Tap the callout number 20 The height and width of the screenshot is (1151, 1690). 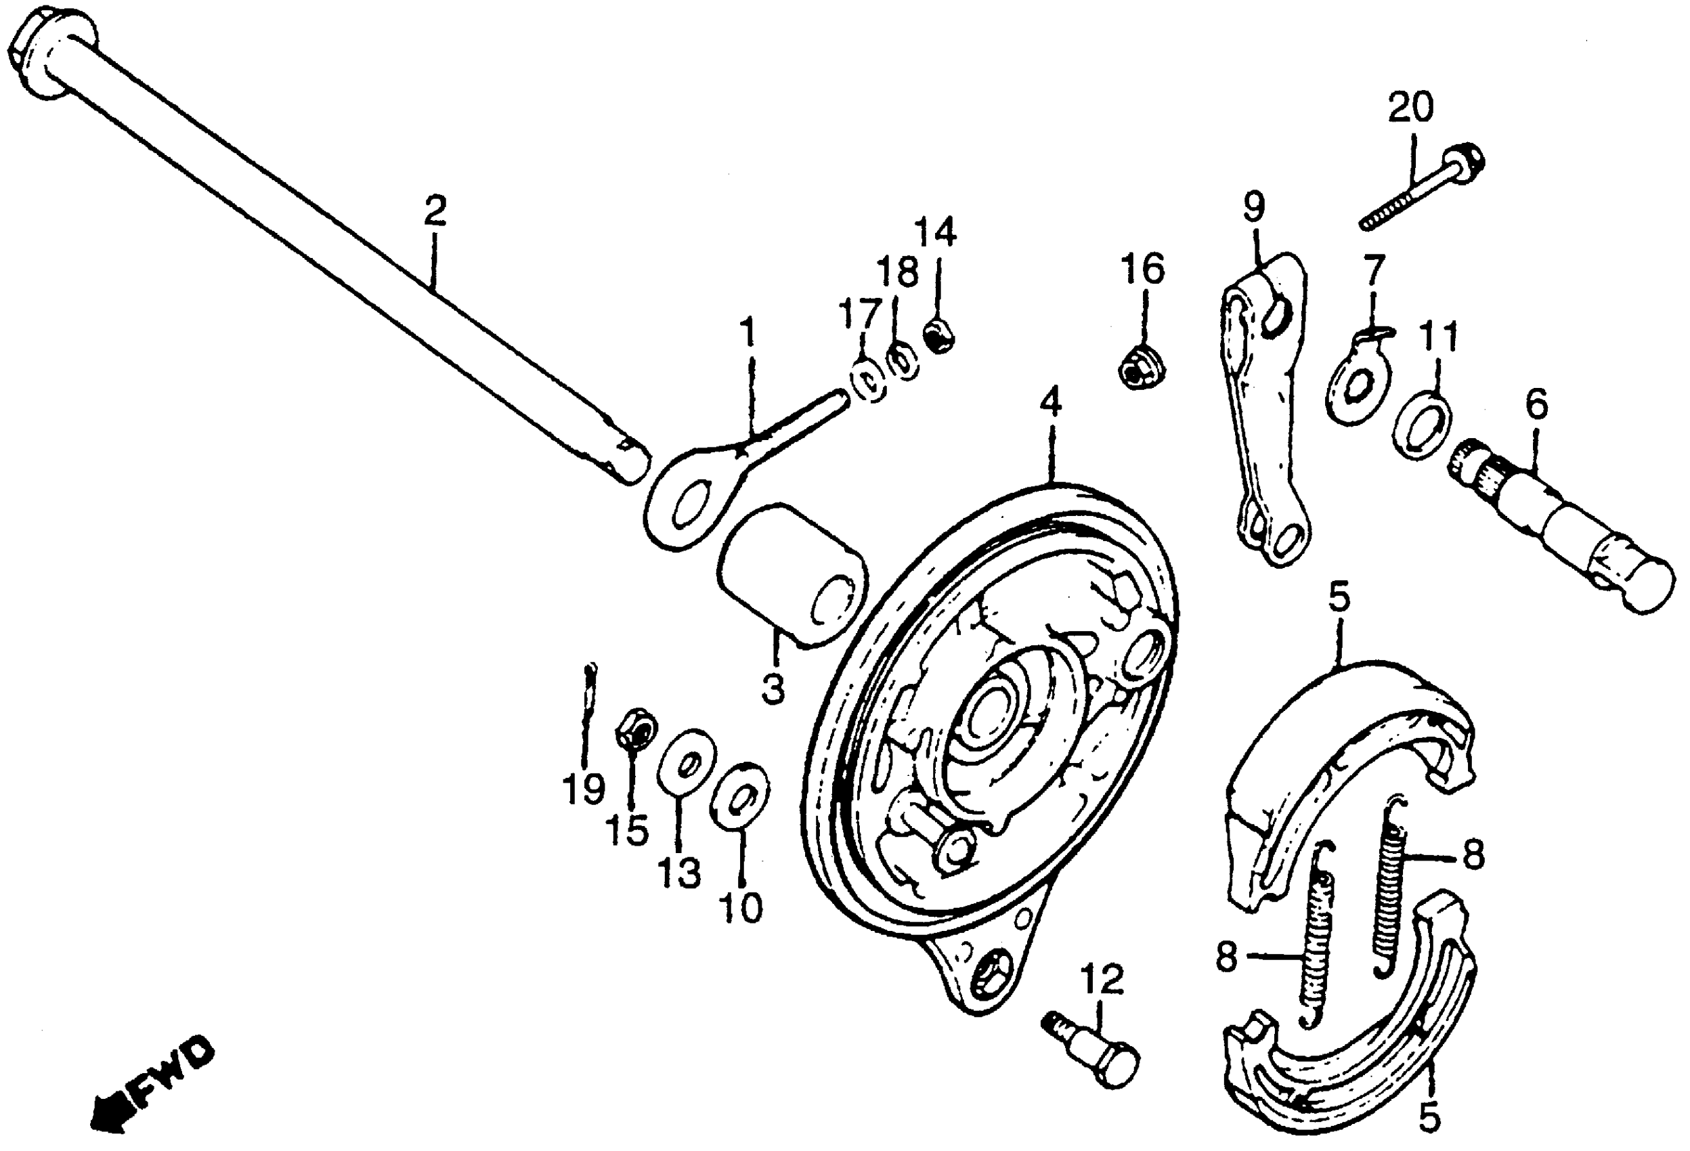tap(1411, 107)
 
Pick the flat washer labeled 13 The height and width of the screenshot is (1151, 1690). tap(687, 766)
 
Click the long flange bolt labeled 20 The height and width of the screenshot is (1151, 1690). tap(1418, 189)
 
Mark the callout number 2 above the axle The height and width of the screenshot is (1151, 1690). tap(434, 211)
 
